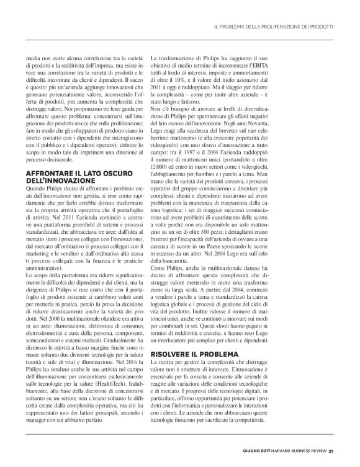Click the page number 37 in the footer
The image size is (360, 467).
click(x=331, y=450)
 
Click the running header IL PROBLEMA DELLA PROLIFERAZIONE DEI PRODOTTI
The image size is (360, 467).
click(x=274, y=27)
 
